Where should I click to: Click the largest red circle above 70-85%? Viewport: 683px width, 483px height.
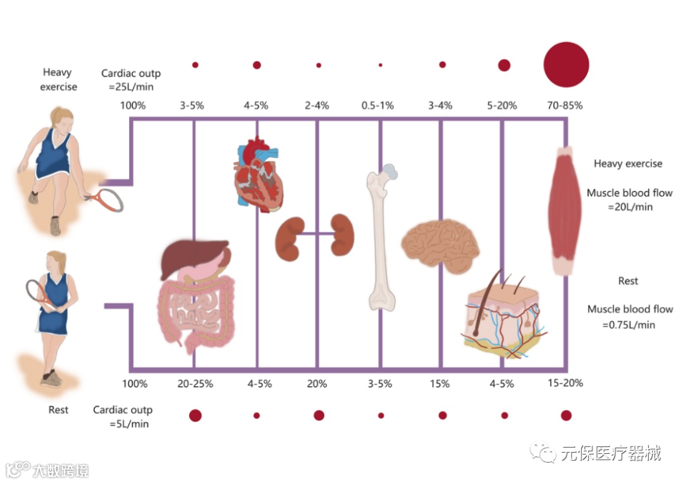click(x=566, y=64)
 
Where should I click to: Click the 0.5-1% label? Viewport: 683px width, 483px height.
click(x=378, y=106)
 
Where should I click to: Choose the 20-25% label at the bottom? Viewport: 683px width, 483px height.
click(x=195, y=384)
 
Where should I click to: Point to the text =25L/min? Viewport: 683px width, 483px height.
click(x=128, y=87)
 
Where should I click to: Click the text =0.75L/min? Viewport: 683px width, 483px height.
click(x=630, y=325)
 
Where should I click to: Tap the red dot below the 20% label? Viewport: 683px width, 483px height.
click(x=319, y=415)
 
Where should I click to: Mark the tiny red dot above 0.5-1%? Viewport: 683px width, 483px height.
click(x=380, y=65)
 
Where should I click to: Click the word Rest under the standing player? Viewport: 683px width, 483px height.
click(x=58, y=410)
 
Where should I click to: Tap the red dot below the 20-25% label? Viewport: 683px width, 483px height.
click(x=195, y=415)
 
